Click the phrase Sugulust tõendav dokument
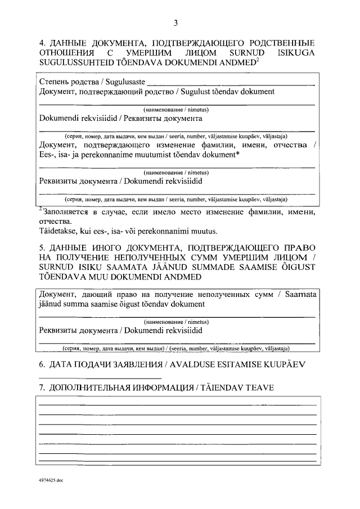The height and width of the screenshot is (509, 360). coord(226,91)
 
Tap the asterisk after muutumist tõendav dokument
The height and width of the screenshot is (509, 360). coord(238,155)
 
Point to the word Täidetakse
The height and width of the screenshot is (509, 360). coord(58,231)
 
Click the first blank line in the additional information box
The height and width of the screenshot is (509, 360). coord(177,405)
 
